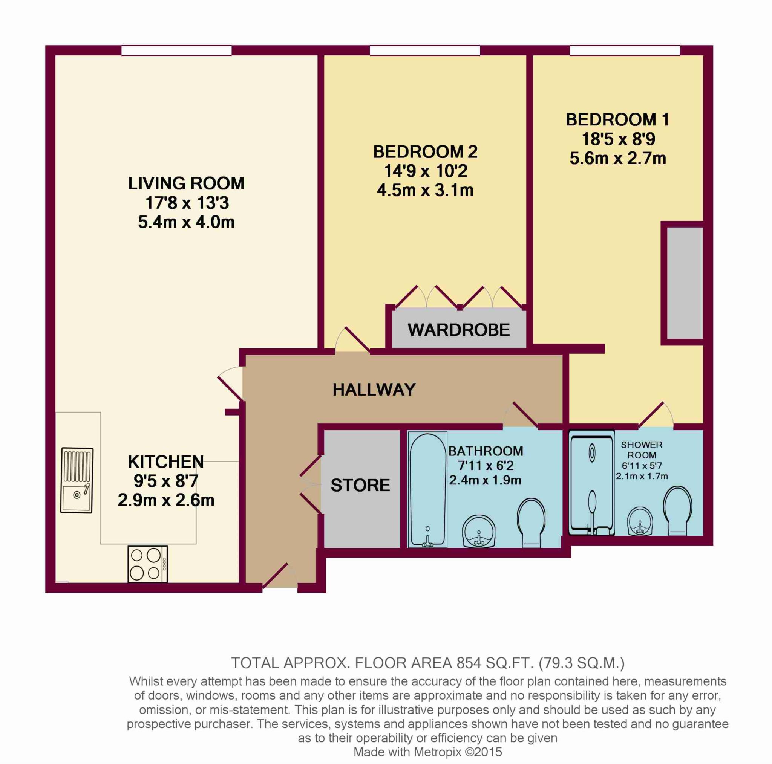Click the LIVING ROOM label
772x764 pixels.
click(x=186, y=184)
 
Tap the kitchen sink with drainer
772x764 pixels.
click(x=77, y=480)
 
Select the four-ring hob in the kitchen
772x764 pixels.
click(x=147, y=564)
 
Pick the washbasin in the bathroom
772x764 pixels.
click(x=479, y=532)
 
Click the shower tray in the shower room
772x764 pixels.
click(x=591, y=483)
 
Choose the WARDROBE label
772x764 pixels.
click(x=459, y=330)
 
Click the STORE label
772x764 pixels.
click(x=360, y=485)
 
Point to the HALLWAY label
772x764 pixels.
click(x=374, y=390)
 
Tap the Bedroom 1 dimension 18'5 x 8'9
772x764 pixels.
click(x=618, y=139)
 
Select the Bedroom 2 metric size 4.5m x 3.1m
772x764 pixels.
click(x=425, y=190)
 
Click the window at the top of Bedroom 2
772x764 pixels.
click(x=425, y=50)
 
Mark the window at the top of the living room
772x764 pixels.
click(x=177, y=50)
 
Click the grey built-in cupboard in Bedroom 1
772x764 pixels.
click(x=685, y=284)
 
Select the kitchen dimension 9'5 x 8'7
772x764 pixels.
click(x=166, y=481)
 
